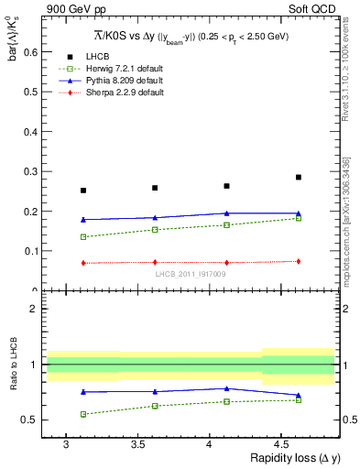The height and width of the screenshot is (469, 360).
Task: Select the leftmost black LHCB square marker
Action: tap(83, 191)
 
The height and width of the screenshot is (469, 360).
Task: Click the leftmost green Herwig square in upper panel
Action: tap(83, 237)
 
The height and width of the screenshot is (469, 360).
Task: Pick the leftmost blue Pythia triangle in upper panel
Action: tap(83, 220)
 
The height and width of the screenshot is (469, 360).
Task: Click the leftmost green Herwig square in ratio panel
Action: tap(83, 414)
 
